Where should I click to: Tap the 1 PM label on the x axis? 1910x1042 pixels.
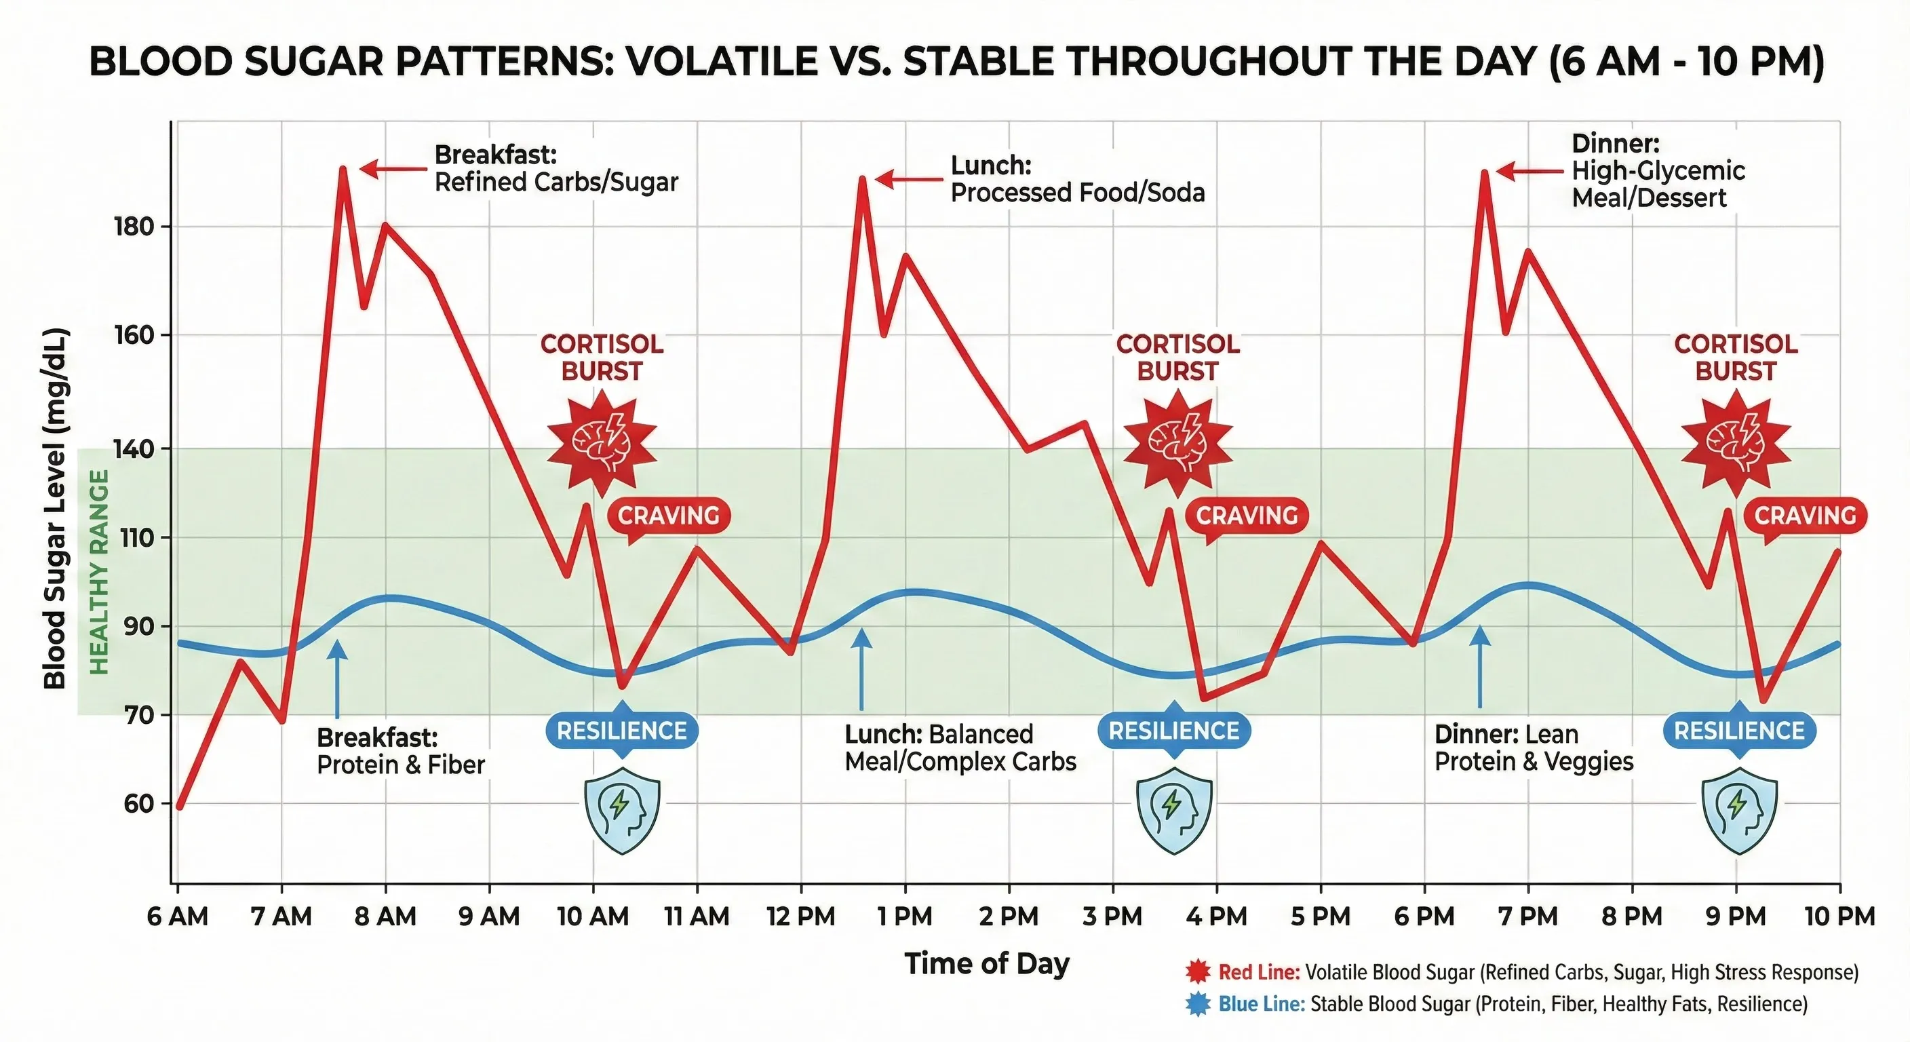coord(905,916)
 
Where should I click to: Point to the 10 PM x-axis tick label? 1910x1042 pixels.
coord(1839,916)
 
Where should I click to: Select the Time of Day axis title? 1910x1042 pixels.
coord(987,963)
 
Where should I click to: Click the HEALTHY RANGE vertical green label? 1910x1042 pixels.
coord(99,571)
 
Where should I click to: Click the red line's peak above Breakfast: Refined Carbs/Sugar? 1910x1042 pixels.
coord(343,168)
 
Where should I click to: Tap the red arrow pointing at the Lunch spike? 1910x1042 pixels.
coord(908,180)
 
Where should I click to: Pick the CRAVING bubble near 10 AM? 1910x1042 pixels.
coord(669,516)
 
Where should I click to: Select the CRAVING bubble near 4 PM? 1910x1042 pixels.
coord(1247,516)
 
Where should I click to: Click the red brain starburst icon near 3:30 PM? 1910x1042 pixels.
coord(1177,444)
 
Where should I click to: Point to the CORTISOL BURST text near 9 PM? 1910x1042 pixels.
coord(1736,358)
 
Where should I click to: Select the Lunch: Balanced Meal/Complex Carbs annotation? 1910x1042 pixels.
coord(960,748)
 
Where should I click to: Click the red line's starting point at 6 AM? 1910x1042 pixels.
coord(180,805)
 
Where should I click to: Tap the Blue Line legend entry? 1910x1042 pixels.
coord(1513,1004)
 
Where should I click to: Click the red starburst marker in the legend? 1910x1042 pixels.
coord(1197,971)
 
